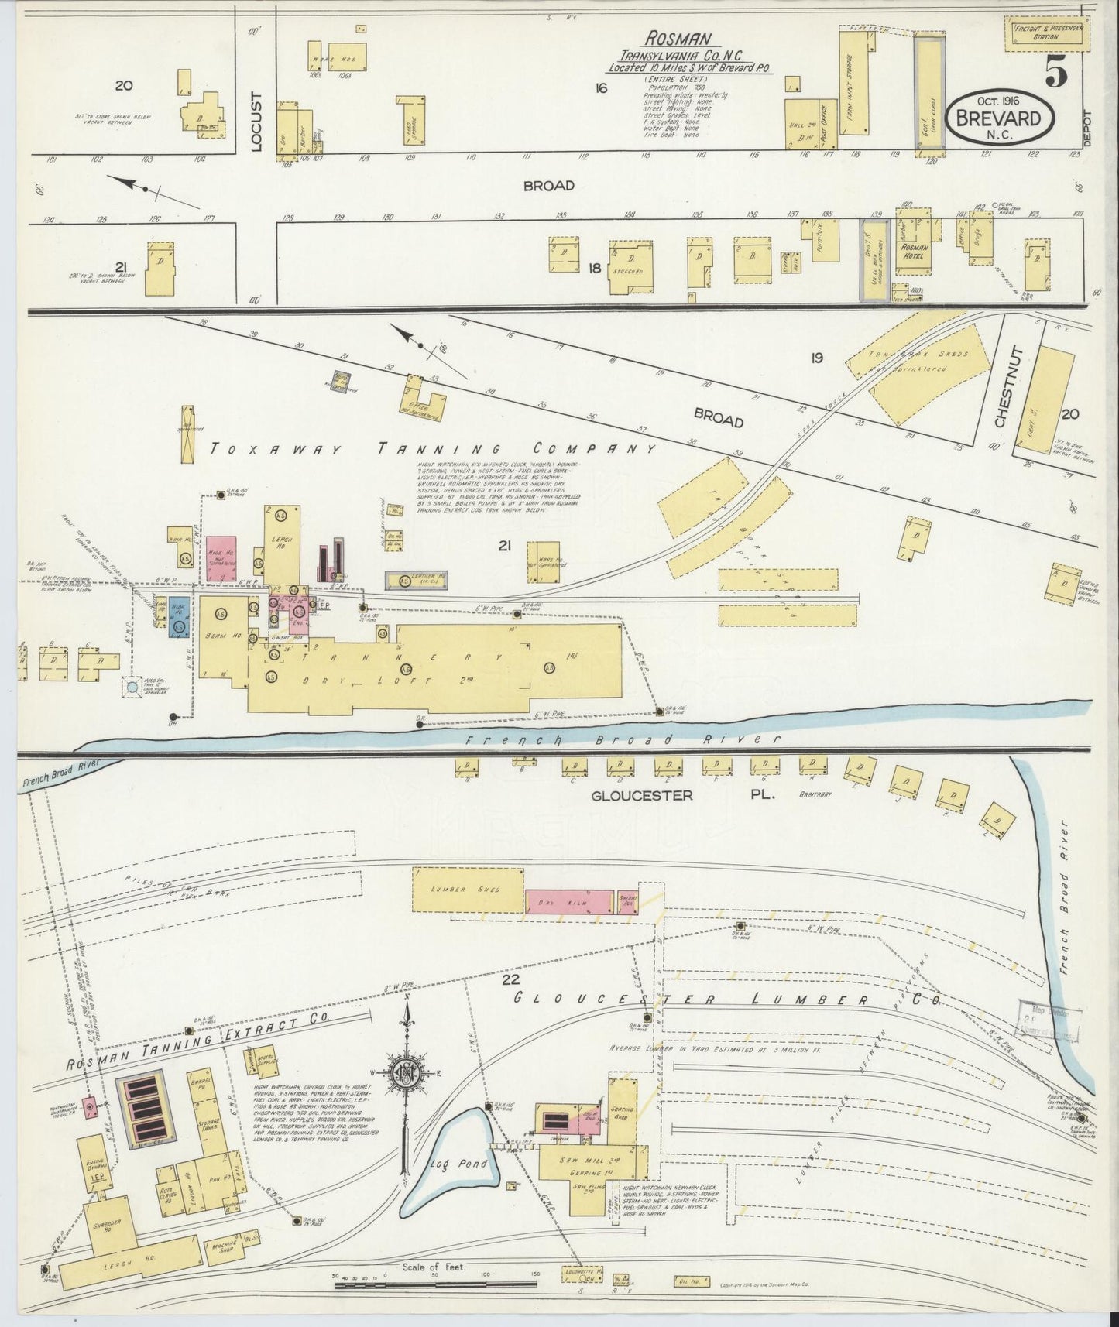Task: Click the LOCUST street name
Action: [258, 122]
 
